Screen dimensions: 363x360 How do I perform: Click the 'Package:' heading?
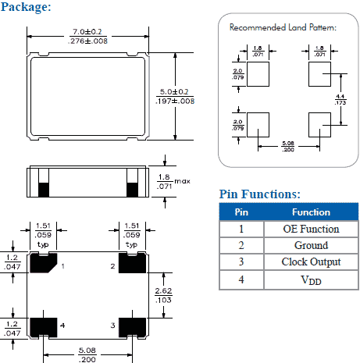click(27, 7)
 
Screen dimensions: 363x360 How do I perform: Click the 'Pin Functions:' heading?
click(260, 194)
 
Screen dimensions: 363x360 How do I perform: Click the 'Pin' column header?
click(241, 212)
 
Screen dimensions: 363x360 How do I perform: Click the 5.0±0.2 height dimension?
click(176, 91)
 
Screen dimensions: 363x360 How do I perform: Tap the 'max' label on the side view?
click(183, 181)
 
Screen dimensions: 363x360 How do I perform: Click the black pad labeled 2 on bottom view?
click(131, 265)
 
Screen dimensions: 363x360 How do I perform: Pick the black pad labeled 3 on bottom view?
click(131, 324)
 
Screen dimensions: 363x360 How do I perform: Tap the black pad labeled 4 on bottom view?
click(42, 324)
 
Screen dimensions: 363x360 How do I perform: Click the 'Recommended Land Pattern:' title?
click(283, 27)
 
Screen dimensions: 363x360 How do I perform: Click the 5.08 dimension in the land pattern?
click(288, 145)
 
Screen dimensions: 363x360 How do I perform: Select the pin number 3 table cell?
click(241, 262)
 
